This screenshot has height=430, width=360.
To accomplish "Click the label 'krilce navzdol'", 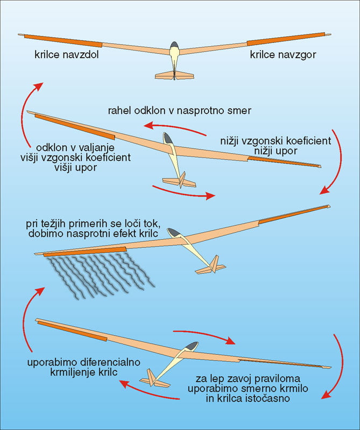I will coord(63,55).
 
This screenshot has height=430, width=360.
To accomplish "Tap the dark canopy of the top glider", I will coord(174,47).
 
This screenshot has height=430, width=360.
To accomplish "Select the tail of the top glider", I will coord(173,74).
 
